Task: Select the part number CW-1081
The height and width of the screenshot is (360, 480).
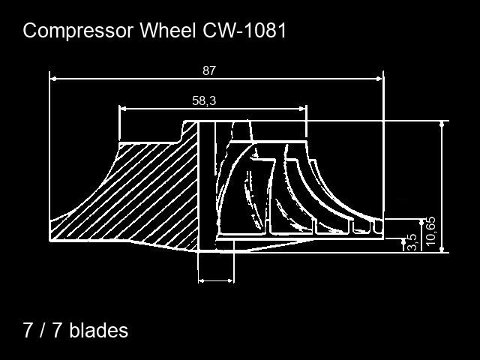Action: (244, 31)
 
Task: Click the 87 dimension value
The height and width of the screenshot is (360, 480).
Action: (209, 70)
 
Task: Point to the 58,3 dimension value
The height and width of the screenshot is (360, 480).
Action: (204, 100)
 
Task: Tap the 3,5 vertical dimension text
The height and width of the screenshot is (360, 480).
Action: (411, 243)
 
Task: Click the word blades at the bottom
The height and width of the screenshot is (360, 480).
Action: (98, 330)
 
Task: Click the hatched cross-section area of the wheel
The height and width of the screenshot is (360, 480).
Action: (150, 195)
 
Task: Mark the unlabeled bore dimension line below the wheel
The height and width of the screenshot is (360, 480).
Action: (216, 280)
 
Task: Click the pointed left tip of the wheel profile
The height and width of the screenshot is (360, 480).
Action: (51, 239)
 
